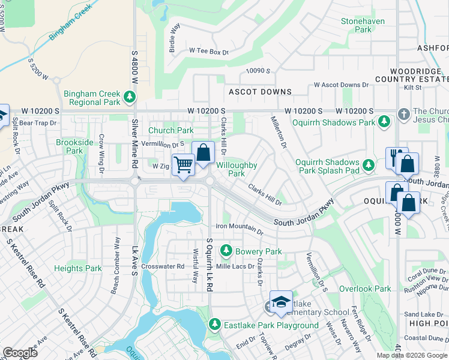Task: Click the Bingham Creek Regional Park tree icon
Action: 128,97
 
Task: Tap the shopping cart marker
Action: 183,164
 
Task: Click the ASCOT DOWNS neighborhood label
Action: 260,92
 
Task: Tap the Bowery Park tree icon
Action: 227,250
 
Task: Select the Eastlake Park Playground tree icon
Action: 214,325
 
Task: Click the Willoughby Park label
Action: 237,169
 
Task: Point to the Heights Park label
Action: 78,268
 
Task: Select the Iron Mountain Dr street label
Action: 240,227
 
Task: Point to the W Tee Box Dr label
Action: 209,52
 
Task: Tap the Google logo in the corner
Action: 20,352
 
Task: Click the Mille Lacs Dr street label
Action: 235,266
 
